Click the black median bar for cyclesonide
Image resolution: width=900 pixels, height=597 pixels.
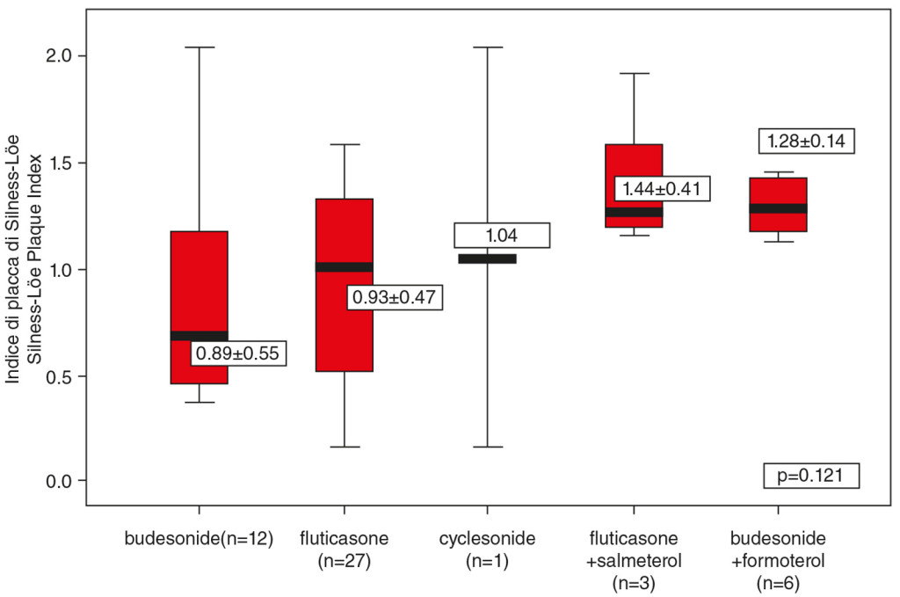[x=486, y=258]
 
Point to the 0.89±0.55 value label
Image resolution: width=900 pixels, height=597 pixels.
[x=237, y=353]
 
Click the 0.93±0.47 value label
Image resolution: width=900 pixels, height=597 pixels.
[x=395, y=297]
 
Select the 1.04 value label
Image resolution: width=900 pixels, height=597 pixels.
[x=502, y=236]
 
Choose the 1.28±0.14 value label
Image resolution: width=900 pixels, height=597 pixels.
[x=807, y=141]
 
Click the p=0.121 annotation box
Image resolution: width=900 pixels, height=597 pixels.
[x=810, y=476]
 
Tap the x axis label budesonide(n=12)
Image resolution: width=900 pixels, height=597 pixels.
[x=199, y=537]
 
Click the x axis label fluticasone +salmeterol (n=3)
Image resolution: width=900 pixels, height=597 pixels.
[x=633, y=559]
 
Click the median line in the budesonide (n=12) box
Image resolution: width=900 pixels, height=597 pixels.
[x=199, y=336]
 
